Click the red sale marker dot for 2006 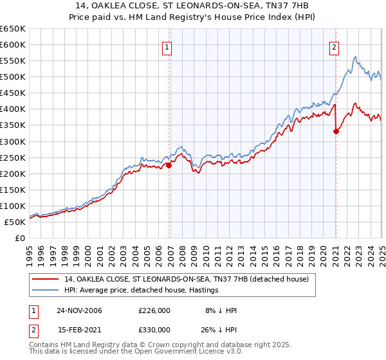coord(169,165)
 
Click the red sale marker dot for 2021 coord(336,131)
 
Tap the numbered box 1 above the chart coord(167,46)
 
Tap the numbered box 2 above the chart coord(335,46)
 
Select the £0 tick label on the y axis coord(20,238)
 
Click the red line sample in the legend coord(46,279)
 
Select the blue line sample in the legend coord(46,290)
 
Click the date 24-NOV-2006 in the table coord(79,310)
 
